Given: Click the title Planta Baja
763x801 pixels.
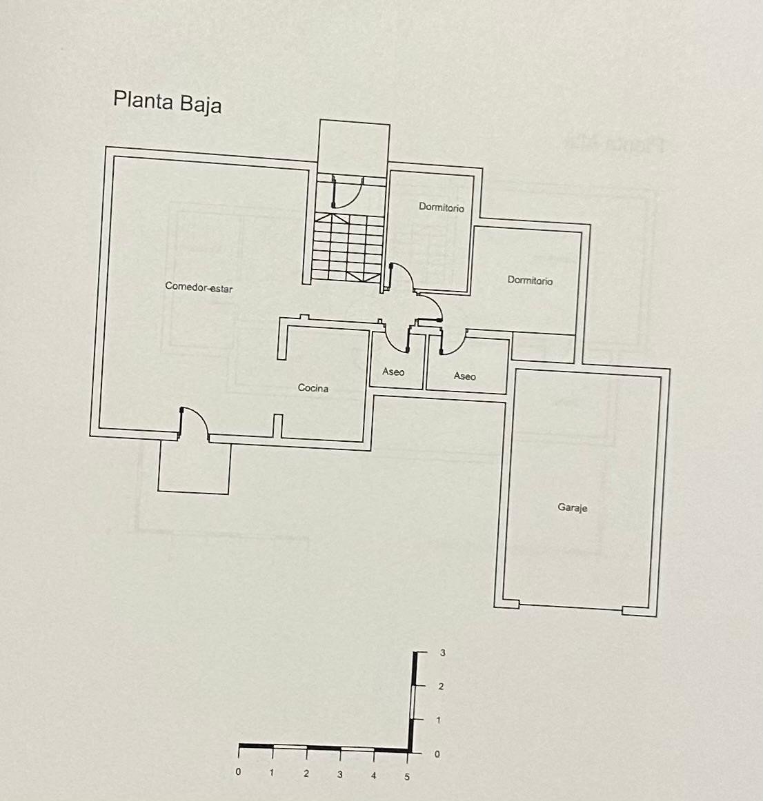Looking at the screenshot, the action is (x=167, y=101).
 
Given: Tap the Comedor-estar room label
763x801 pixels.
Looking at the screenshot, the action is (x=199, y=287).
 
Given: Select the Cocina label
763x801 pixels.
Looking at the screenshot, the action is (x=313, y=387).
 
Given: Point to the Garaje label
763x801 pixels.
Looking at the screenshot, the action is (x=573, y=508).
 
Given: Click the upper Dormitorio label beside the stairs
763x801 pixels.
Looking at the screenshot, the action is (x=442, y=207).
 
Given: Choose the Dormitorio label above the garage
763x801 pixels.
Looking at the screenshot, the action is (x=530, y=280).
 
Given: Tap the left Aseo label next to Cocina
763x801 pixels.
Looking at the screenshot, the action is (x=393, y=372).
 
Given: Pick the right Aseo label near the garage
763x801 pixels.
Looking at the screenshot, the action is (x=465, y=376).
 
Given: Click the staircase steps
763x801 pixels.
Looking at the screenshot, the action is (x=348, y=247).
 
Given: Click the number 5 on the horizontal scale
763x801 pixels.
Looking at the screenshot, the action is (x=407, y=777).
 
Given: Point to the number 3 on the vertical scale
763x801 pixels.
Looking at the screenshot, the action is (x=442, y=653).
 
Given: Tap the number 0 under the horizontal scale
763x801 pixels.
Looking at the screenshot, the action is (x=238, y=772).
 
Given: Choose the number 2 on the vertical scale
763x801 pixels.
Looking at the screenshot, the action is (x=441, y=687).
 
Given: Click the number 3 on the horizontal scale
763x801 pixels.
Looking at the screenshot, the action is (x=339, y=775).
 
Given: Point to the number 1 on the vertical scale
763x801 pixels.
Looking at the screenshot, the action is (x=438, y=720).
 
